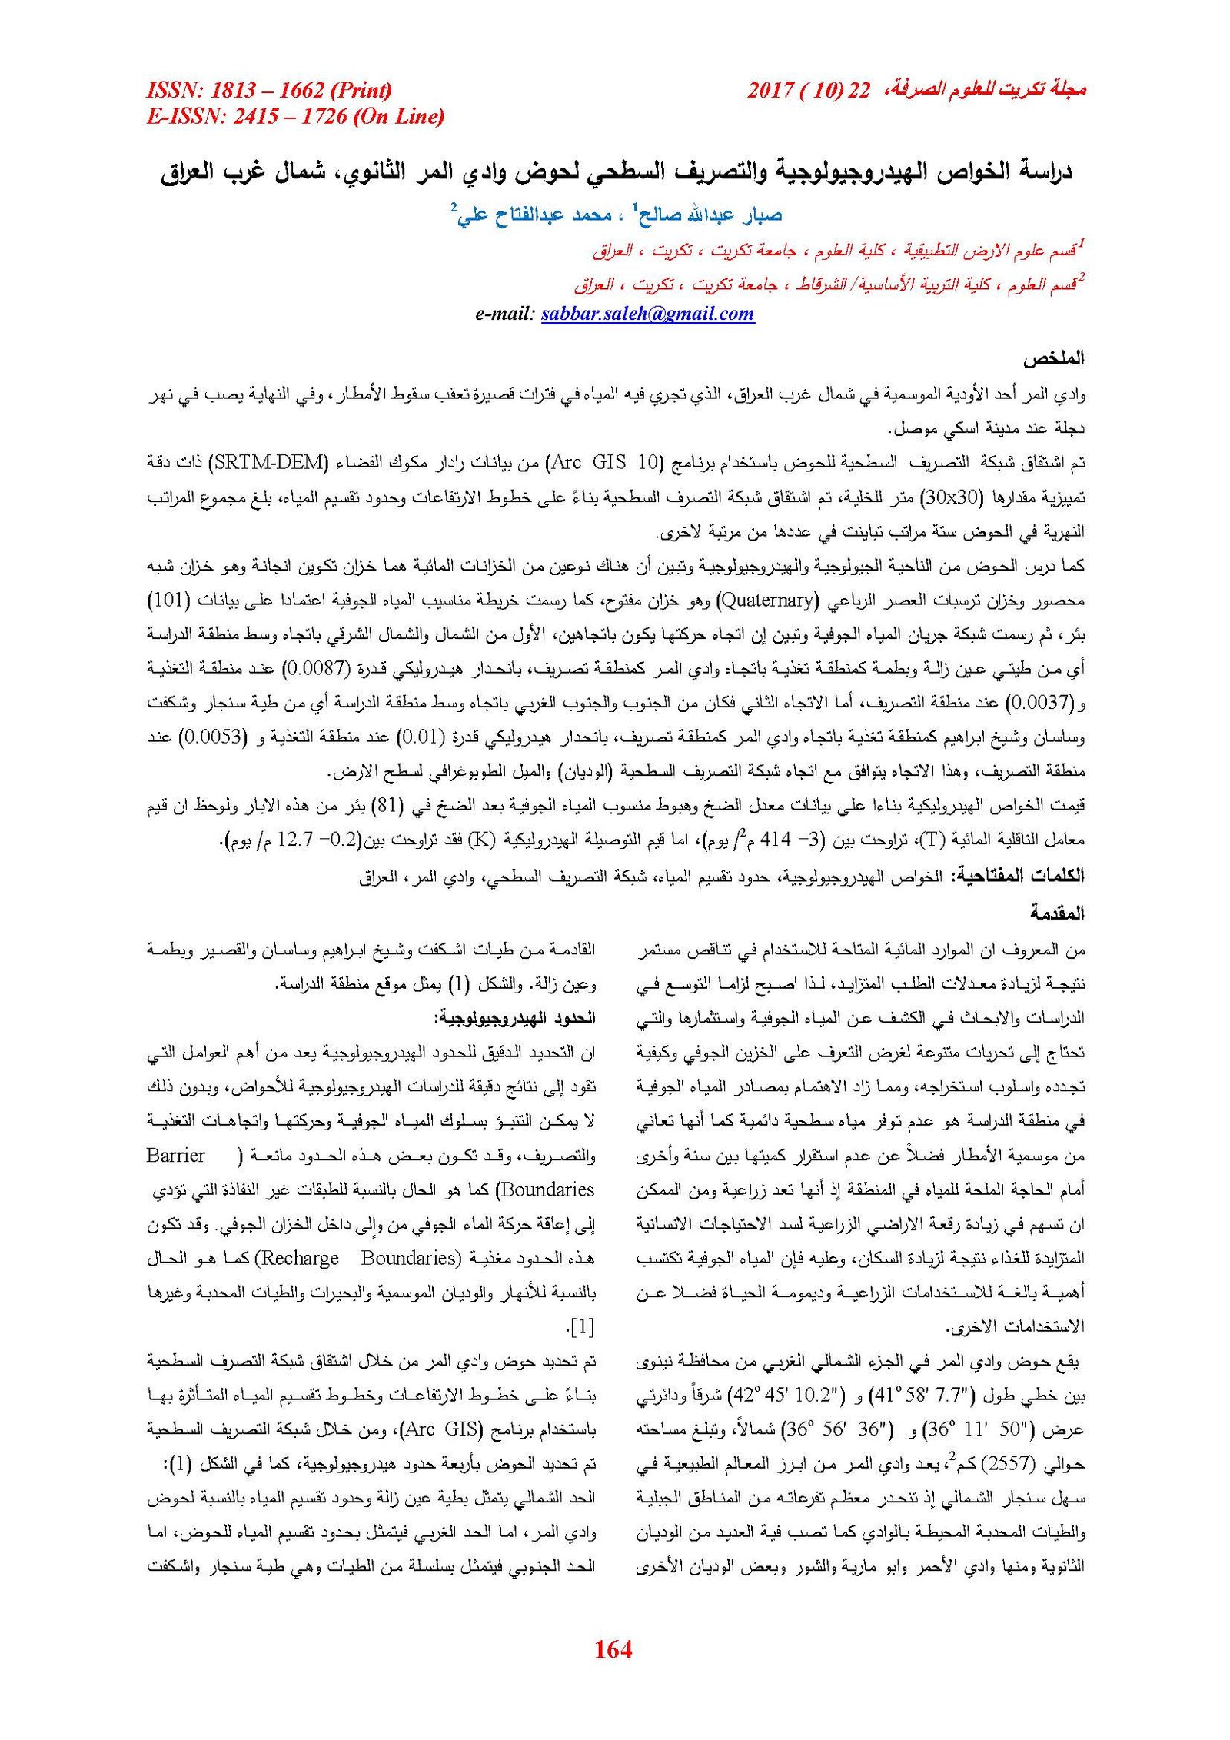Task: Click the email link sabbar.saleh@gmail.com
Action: [x=647, y=313]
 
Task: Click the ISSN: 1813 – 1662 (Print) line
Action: [x=269, y=90]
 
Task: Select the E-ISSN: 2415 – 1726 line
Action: [x=295, y=116]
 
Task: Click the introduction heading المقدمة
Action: [x=1057, y=913]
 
